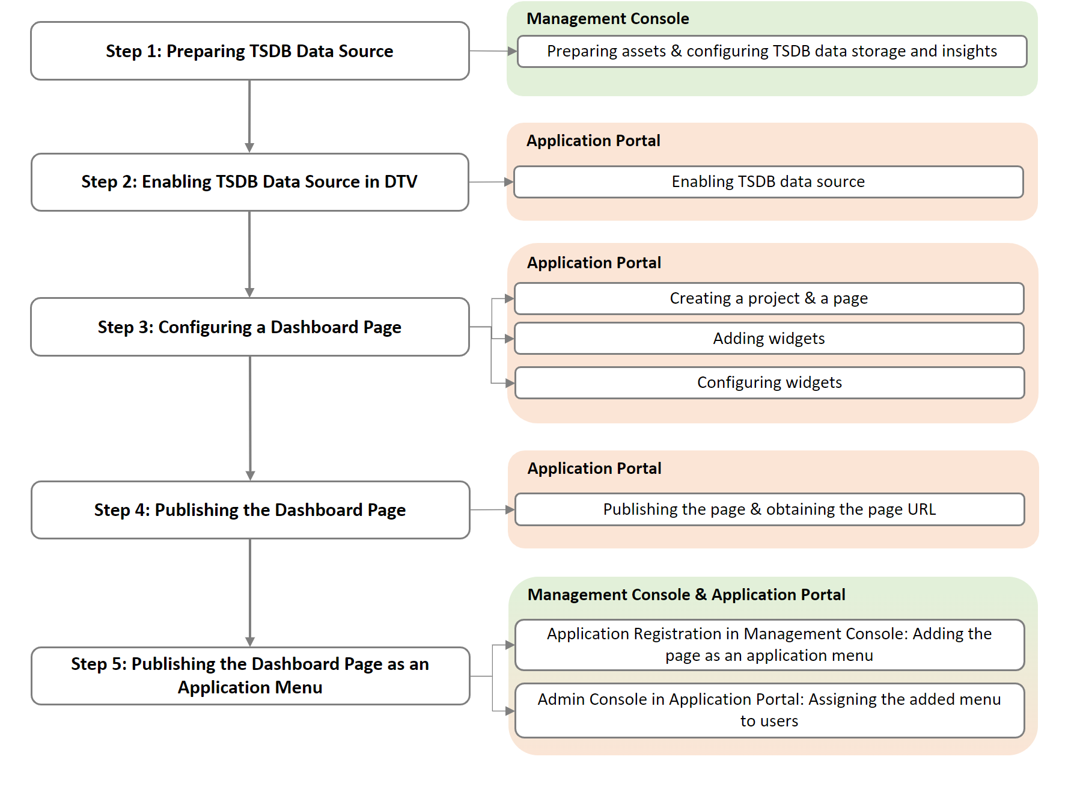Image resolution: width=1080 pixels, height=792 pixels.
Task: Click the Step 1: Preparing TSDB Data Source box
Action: click(249, 51)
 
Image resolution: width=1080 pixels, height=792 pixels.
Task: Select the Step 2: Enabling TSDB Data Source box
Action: click(249, 182)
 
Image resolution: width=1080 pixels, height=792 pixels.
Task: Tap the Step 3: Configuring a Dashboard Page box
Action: click(249, 327)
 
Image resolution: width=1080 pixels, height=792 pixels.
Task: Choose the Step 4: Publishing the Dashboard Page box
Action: click(249, 509)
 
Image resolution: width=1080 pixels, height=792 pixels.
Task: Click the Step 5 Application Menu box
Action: click(249, 675)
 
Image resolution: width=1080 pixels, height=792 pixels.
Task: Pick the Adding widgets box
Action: click(769, 338)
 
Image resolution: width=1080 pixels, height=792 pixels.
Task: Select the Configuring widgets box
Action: click(769, 382)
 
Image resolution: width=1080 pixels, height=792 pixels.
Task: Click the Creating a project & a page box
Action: click(769, 298)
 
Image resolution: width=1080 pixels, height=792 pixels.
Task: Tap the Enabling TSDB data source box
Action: click(768, 182)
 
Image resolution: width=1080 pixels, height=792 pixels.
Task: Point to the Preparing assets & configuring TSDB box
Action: click(772, 51)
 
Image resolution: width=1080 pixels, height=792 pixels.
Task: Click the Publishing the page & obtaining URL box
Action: click(769, 509)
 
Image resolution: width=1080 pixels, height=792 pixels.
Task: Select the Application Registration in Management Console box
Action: click(769, 645)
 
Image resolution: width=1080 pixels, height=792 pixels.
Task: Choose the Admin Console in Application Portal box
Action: click(769, 710)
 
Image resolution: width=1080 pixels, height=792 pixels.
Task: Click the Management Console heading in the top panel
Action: click(608, 19)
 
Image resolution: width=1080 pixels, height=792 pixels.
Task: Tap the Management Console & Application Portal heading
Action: click(686, 595)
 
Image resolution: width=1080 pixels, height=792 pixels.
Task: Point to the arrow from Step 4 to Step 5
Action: click(250, 592)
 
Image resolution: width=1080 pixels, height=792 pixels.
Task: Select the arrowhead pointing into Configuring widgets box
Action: click(510, 383)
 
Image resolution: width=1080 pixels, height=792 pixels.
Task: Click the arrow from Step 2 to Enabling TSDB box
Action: click(490, 182)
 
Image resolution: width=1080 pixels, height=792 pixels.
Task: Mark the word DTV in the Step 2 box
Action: click(400, 182)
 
